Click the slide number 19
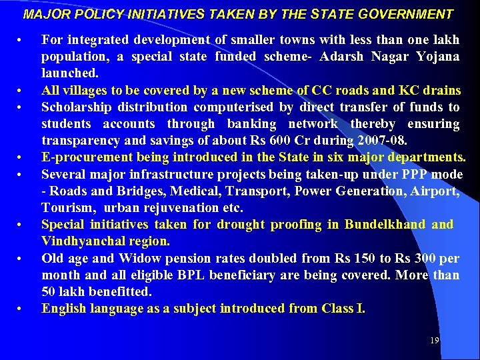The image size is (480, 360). (434, 341)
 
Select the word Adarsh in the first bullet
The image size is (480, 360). (341, 56)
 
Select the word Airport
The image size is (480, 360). (436, 191)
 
